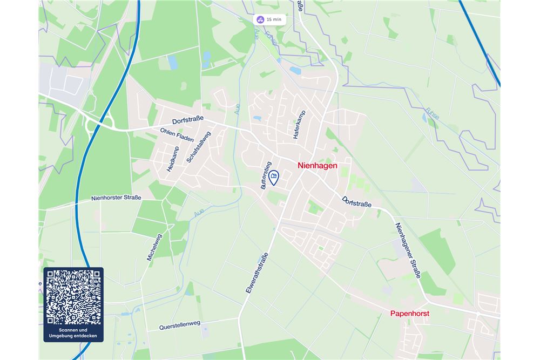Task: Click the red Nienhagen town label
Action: (x=318, y=166)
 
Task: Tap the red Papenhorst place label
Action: (x=409, y=313)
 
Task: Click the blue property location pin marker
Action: (x=274, y=178)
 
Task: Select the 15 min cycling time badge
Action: (x=269, y=19)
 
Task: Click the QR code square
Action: (x=73, y=297)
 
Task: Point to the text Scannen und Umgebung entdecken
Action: (x=73, y=333)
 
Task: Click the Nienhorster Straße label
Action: (x=116, y=198)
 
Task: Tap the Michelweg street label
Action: (x=154, y=247)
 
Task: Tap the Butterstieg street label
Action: (x=266, y=175)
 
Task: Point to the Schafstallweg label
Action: (x=199, y=146)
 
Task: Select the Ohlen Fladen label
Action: (x=177, y=135)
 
